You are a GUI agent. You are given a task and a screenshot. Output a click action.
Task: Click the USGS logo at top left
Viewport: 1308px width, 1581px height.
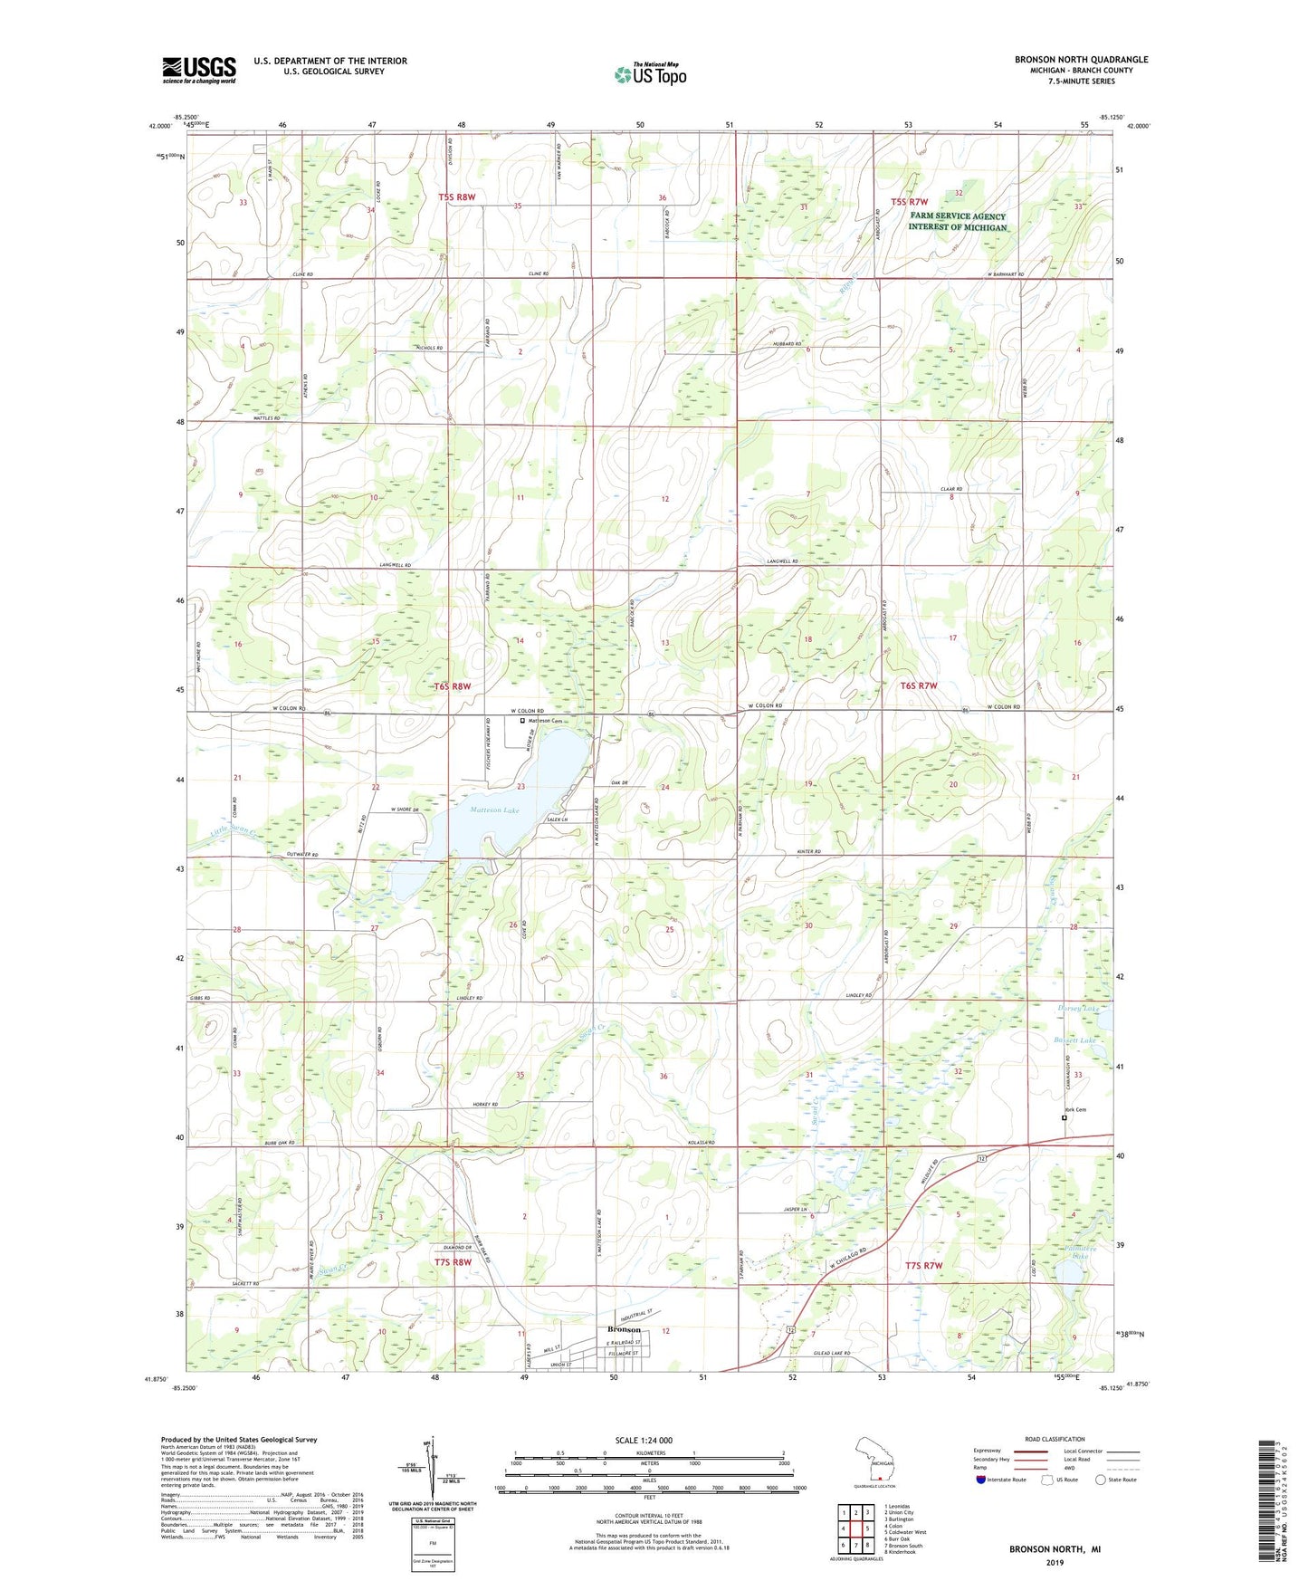(198, 69)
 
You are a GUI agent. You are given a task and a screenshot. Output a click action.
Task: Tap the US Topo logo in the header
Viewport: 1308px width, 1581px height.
(650, 74)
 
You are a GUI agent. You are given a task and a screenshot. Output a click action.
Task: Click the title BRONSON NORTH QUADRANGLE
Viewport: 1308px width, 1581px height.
(1081, 60)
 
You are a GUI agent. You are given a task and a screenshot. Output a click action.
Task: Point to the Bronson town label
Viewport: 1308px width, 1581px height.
(623, 1329)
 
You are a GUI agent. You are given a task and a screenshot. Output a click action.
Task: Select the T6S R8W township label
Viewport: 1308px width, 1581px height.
(453, 686)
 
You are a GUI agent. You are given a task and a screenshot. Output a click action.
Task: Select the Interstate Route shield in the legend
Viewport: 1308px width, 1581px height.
(981, 1480)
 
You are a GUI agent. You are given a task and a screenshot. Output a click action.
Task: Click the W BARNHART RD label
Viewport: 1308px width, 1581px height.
(1005, 274)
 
